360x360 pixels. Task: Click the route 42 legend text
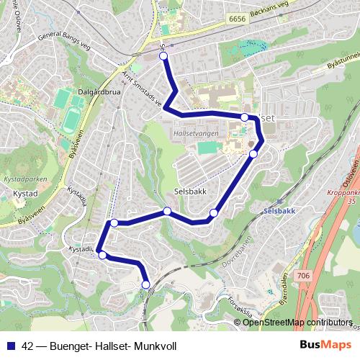(99, 346)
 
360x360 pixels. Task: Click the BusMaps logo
(325, 346)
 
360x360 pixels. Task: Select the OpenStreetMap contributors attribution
(297, 323)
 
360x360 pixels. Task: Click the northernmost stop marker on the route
(163, 55)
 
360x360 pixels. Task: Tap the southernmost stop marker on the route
(145, 285)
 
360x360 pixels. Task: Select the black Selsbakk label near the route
(192, 192)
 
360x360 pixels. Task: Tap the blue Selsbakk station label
(279, 212)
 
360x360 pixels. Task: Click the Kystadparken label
(22, 177)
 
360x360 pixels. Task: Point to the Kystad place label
(25, 194)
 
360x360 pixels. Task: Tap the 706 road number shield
(302, 275)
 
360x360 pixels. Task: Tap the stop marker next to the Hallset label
(245, 117)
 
